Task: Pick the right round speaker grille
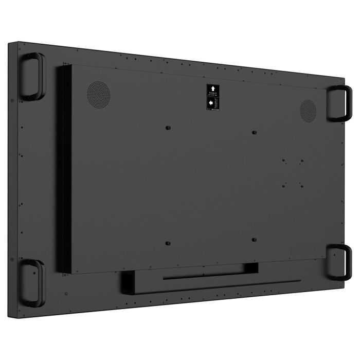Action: click(x=309, y=110)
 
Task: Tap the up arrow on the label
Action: click(x=211, y=88)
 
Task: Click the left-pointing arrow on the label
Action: click(x=211, y=103)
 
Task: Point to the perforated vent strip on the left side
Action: click(x=64, y=170)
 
